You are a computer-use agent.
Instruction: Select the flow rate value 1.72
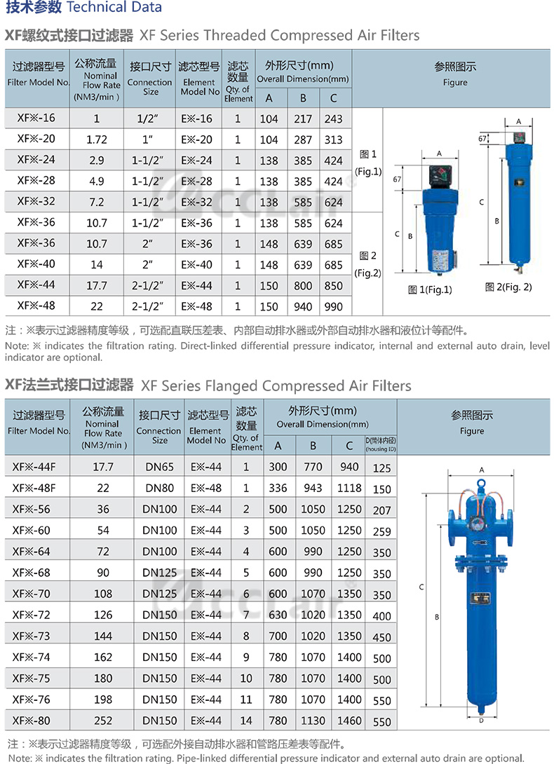97,139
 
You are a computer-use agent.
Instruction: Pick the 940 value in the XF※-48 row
303,306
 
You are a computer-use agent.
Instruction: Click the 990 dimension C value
334,306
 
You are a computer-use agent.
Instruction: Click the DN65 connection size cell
159,468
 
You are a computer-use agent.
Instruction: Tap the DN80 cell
159,489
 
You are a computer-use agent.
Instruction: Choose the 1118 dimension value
349,489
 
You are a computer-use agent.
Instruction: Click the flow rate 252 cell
103,721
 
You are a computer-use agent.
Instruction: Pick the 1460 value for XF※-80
349,721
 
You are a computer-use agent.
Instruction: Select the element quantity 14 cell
246,721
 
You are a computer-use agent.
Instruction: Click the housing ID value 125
382,468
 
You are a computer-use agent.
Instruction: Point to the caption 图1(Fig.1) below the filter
430,289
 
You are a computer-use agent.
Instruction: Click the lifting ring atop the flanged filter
482,484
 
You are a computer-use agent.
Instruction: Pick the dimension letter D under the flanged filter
480,720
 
